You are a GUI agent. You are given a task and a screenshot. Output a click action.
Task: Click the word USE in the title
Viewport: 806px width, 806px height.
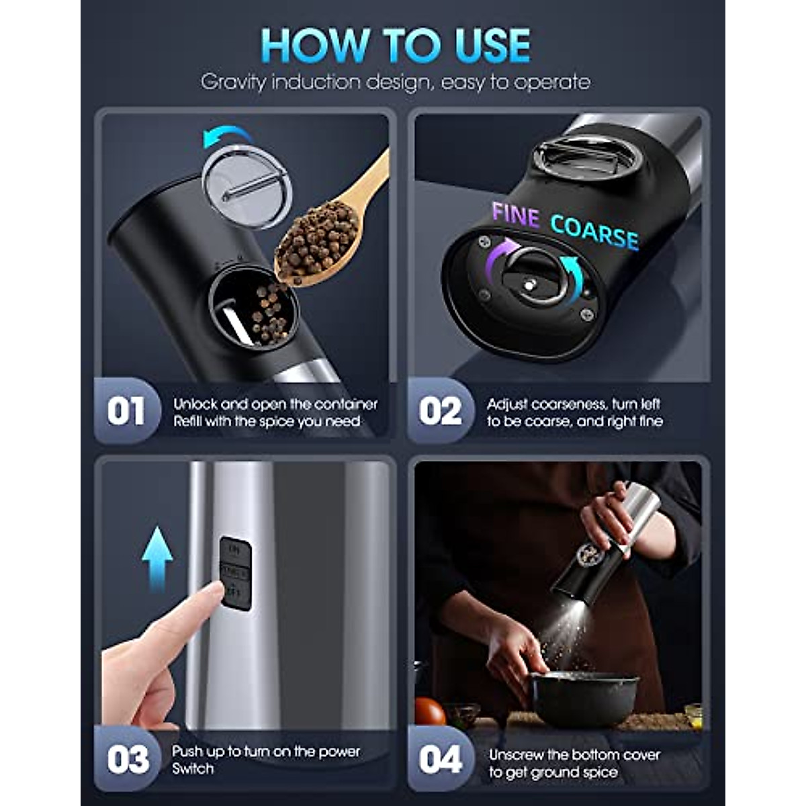(482, 46)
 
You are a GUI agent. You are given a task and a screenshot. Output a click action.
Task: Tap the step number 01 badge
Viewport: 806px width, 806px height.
(126, 411)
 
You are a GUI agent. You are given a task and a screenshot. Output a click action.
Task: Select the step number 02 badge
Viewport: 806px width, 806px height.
(440, 411)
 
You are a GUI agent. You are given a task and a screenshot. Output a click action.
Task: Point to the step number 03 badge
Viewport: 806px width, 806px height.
(128, 760)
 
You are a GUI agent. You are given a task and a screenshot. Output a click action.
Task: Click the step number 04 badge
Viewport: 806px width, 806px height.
(440, 760)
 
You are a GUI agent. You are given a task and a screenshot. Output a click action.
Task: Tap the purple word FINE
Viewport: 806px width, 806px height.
(515, 216)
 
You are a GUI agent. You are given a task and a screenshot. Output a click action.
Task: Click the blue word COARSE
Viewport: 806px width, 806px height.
(594, 232)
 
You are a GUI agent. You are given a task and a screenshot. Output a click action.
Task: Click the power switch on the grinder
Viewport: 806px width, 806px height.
(236, 573)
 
